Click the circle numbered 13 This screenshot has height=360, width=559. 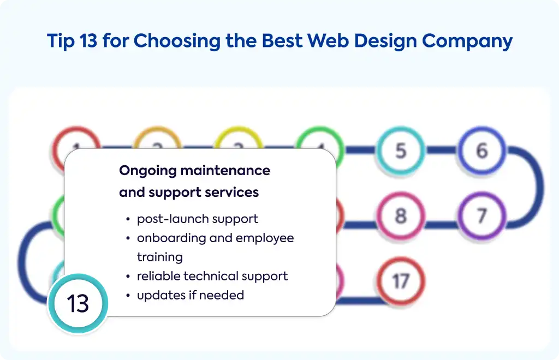[x=78, y=303]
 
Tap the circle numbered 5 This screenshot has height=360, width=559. [x=401, y=150]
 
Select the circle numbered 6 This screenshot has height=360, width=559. [x=482, y=150]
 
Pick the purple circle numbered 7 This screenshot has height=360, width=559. [x=482, y=215]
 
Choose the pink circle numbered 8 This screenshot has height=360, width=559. [x=401, y=215]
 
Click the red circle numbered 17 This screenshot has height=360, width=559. [x=401, y=281]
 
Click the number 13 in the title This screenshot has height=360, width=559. [x=88, y=40]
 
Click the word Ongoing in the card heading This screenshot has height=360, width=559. [x=147, y=171]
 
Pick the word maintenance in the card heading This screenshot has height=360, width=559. [x=225, y=171]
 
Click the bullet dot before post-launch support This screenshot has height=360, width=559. [x=128, y=219]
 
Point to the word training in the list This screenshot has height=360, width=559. [x=160, y=257]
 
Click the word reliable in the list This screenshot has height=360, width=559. [x=159, y=276]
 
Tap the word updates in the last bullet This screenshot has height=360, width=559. [x=159, y=296]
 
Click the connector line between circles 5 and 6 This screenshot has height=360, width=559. [x=441, y=150]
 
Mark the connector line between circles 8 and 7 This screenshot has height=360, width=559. [x=441, y=224]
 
